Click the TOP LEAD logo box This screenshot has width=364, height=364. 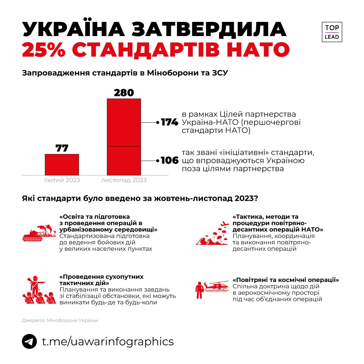pos(332,32)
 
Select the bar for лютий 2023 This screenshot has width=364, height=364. pos(62,164)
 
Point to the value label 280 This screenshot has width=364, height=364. pos(124,93)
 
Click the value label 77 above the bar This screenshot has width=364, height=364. pos(62,148)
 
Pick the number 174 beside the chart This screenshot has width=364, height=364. pos(169,122)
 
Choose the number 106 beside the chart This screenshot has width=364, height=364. pos(169,160)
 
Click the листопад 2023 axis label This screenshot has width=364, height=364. pos(124,180)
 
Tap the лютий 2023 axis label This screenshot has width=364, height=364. pos(62,180)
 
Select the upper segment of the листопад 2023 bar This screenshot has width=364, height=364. pos(124,122)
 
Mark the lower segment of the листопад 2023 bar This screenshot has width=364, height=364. pos(124,160)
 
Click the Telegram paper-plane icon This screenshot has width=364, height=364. pos(29,341)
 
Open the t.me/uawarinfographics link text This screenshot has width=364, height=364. pos(108,341)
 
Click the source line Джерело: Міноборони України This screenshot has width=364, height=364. pos(60,320)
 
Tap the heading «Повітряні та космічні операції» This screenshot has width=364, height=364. pos(285,280)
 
